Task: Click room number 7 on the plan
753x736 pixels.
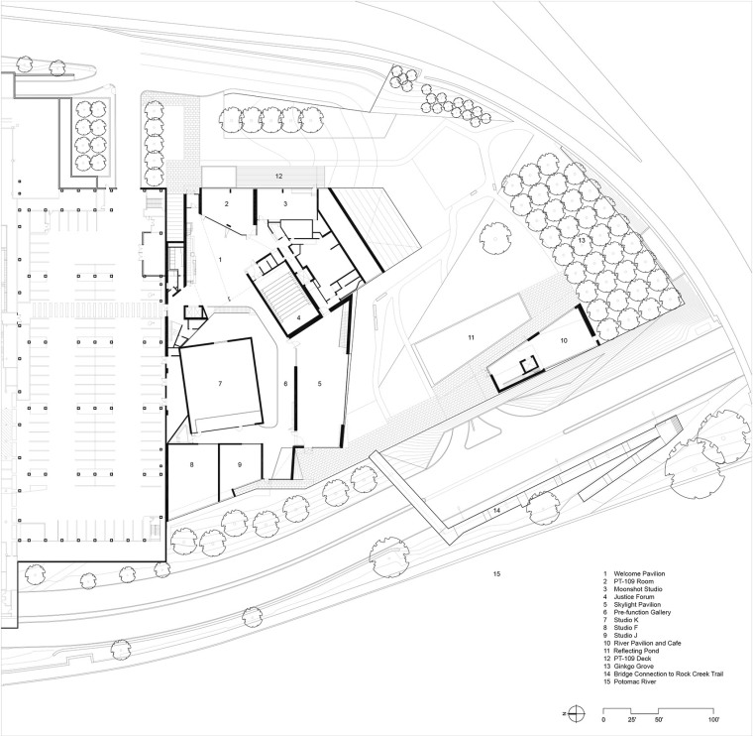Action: [x=220, y=383]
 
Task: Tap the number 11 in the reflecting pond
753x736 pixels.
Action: [x=471, y=337]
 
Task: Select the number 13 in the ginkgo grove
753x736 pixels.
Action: [x=582, y=240]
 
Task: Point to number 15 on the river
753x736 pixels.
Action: [x=497, y=573]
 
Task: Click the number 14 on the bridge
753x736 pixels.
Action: [x=496, y=509]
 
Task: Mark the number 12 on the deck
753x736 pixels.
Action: [x=279, y=176]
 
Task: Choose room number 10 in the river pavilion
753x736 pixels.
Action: [x=564, y=340]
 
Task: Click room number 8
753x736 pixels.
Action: [x=191, y=464]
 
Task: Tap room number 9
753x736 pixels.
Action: [x=240, y=464]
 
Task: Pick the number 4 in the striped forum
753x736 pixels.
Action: [x=298, y=317]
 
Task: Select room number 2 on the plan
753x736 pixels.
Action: [x=226, y=203]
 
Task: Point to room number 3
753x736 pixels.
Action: [x=285, y=203]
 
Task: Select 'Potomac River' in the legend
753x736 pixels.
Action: [x=635, y=681]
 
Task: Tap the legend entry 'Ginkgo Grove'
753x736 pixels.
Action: [x=633, y=667]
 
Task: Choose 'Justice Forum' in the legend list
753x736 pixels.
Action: [x=634, y=596]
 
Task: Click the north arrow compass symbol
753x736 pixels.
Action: [x=578, y=713]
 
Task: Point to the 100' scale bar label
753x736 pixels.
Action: [x=713, y=720]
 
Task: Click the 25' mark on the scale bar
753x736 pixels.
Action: [x=631, y=720]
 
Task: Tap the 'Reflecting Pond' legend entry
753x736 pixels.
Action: [x=636, y=651]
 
